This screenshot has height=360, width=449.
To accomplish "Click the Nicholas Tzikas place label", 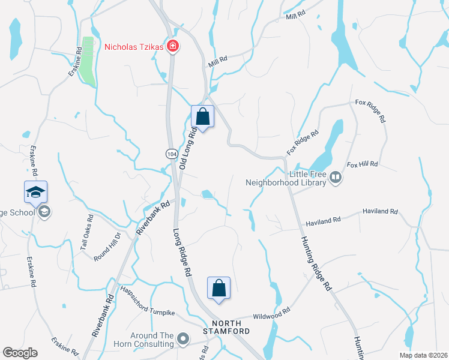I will pyautogui.click(x=134, y=46).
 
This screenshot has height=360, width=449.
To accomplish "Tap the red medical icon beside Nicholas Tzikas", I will pyautogui.click(x=172, y=46).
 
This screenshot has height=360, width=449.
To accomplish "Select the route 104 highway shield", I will pyautogui.click(x=171, y=154).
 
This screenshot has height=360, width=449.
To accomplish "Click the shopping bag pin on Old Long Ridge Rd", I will pyautogui.click(x=202, y=116).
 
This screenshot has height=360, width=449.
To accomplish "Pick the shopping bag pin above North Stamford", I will pyautogui.click(x=218, y=288).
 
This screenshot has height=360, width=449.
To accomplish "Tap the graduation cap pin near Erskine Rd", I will pyautogui.click(x=35, y=192).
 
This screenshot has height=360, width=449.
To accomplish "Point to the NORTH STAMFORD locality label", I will pyautogui.click(x=226, y=326).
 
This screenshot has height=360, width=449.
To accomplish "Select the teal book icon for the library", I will pyautogui.click(x=336, y=178).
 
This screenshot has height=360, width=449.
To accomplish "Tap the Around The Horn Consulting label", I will pyautogui.click(x=144, y=340).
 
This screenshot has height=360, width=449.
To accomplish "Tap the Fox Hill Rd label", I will pyautogui.click(x=362, y=164).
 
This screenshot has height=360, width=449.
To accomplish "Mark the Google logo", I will pyautogui.click(x=20, y=353).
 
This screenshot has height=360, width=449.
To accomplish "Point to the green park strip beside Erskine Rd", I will pyautogui.click(x=88, y=60).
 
